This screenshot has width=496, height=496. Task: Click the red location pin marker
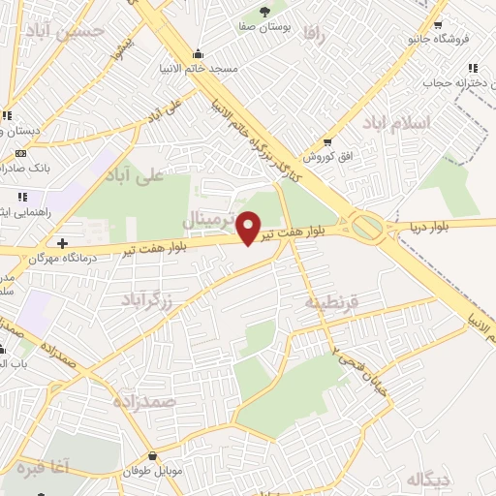coord(249,227)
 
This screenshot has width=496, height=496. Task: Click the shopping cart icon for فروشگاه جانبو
coord(440,26)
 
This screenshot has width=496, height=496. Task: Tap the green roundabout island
coord(368,228)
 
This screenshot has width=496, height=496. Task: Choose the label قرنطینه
coord(332,301)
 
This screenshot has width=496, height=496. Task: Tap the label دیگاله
coord(428,479)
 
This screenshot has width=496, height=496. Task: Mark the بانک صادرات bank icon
coord(21,153)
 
